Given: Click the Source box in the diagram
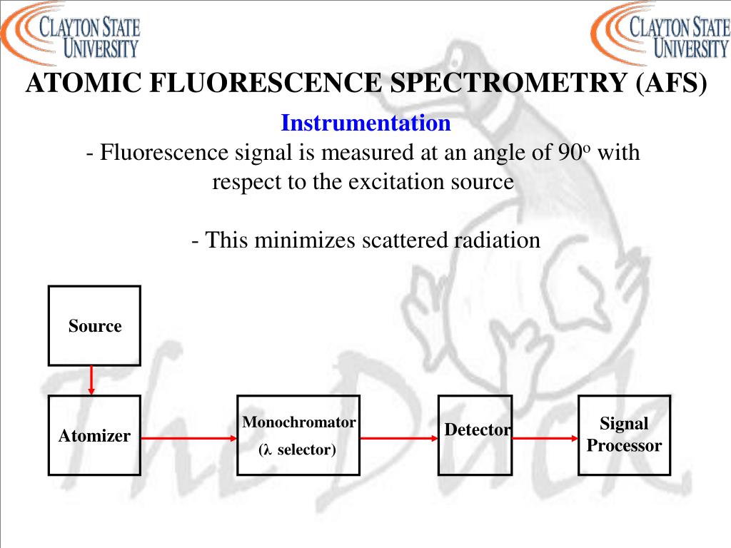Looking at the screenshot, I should click(x=94, y=326).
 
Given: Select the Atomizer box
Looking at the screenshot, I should click(x=94, y=435).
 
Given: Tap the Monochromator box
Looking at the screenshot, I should click(x=298, y=435).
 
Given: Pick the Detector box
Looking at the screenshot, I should click(x=475, y=435).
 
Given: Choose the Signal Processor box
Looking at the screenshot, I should click(x=624, y=435).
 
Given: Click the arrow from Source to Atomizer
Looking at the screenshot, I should click(x=91, y=380).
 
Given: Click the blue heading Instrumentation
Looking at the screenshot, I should click(x=365, y=123).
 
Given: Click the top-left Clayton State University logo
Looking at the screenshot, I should click(x=71, y=31).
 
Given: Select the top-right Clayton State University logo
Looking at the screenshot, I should click(x=660, y=31).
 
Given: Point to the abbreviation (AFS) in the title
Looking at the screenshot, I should click(x=670, y=84).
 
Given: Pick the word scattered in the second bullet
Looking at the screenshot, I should click(x=405, y=240).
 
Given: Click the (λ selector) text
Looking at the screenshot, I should click(x=297, y=450).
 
